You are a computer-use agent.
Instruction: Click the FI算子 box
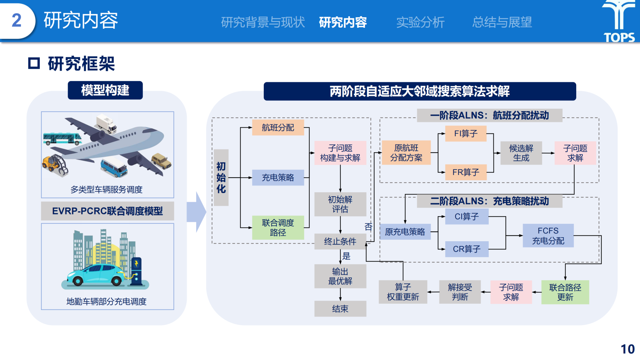pyautogui.click(x=466, y=134)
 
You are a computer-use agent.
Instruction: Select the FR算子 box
pyautogui.click(x=466, y=172)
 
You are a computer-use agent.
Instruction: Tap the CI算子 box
pyautogui.click(x=467, y=217)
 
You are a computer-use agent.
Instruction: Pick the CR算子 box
pyautogui.click(x=467, y=249)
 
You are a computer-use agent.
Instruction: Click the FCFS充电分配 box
pyautogui.click(x=548, y=236)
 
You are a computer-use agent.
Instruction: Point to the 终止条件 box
pyautogui.click(x=340, y=242)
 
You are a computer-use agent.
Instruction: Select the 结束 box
pyautogui.click(x=340, y=309)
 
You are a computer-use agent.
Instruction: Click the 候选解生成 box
pyautogui.click(x=521, y=153)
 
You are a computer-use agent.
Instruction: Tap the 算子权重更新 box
pyautogui.click(x=403, y=292)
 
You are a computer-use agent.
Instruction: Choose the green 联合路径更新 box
pyautogui.click(x=565, y=292)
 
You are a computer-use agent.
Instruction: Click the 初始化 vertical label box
pyautogui.click(x=221, y=177)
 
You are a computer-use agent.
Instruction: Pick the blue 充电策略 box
pyautogui.click(x=278, y=178)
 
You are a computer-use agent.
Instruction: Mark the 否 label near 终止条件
pyautogui.click(x=368, y=227)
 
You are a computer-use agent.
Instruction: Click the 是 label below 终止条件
pyautogui.click(x=346, y=256)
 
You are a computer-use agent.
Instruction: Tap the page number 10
pyautogui.click(x=627, y=349)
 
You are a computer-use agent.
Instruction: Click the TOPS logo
pyautogui.click(x=619, y=21)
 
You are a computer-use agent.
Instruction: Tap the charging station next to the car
pyautogui.click(x=137, y=271)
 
